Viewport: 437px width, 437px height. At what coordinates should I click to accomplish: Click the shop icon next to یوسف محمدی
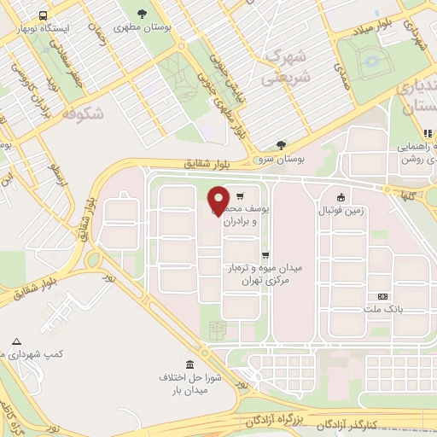pyautogui.click(x=241, y=195)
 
